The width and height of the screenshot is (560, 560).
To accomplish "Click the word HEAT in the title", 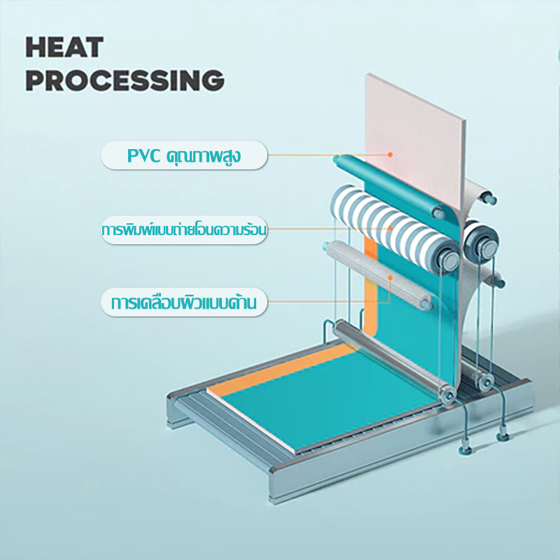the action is pos(64,47).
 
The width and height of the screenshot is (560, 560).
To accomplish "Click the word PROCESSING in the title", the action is pos(125,80).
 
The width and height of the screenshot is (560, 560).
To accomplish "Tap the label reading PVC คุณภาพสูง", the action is pos(184,155).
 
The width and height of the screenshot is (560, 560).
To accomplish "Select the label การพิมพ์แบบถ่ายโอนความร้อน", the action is pos(184,230).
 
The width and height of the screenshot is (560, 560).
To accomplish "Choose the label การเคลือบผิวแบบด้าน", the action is pos(184,302).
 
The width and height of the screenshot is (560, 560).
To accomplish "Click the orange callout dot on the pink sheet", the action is pos(391,154).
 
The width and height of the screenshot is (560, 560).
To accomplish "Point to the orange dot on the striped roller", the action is pos(391,228).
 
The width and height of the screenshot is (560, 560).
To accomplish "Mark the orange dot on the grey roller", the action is pos(391,277).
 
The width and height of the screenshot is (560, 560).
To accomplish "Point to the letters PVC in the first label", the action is pos(143,155).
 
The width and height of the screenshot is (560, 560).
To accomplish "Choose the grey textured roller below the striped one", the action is pos(379,275).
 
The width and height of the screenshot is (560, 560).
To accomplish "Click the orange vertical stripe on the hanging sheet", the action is pos(371,286).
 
